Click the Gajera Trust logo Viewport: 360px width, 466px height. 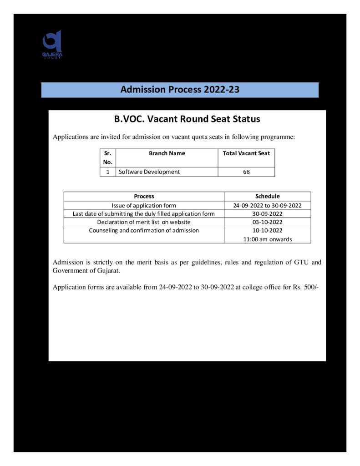52,45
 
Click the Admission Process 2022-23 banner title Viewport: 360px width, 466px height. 180,90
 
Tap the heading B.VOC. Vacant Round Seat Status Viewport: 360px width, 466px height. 187,119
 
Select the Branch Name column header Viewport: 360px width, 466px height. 167,153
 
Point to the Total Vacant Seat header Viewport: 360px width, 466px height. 246,153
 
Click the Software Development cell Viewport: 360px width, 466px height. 149,172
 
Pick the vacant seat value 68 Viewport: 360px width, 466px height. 246,172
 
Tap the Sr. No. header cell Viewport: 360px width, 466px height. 108,157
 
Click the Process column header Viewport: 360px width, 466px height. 144,196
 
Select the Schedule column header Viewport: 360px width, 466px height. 268,196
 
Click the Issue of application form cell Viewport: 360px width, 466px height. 144,205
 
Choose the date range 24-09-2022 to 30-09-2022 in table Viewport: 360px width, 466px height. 268,205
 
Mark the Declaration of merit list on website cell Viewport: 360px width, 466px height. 144,222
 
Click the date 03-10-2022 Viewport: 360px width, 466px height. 268,222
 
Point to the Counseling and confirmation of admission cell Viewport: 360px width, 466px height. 144,230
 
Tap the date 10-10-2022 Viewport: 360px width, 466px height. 268,230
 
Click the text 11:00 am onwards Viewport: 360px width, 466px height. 268,239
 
